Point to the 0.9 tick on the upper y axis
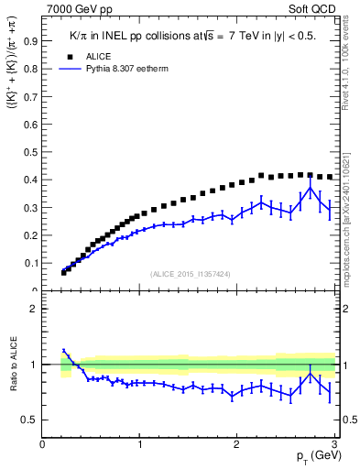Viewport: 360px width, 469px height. coord(29,41)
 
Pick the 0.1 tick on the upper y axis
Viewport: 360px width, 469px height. coord(29,263)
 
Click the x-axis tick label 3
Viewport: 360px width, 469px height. coord(334,444)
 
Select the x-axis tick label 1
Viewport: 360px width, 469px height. coord(139,444)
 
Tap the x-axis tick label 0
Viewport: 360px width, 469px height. coord(43,444)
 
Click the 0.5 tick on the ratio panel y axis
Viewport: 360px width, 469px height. coord(29,420)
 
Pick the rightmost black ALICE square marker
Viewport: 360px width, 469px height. coord(330,177)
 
